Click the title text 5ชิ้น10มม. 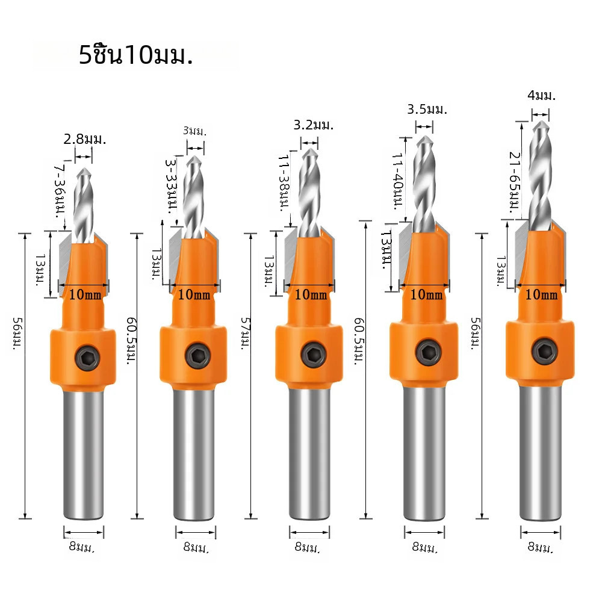135,55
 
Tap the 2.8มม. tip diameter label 85,139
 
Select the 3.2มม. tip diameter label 314,125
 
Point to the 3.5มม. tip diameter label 427,110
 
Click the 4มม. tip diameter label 541,95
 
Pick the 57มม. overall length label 245,334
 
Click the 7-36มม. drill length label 59,191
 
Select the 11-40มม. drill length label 397,182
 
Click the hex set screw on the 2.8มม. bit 87,358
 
